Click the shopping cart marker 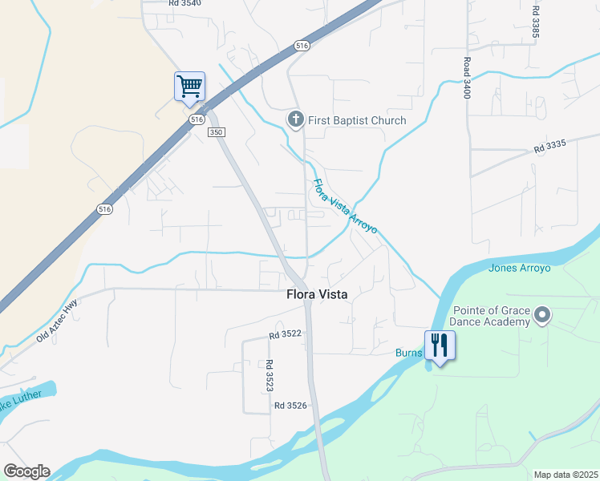coord(189,86)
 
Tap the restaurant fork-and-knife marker coord(439,346)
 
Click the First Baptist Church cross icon coord(295,120)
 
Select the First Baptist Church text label coord(357,120)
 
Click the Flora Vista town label coord(317,294)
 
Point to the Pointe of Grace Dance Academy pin coord(542,315)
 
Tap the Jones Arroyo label coord(519,268)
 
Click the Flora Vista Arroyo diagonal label coord(344,206)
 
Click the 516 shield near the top coord(301,46)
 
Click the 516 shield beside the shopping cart coord(197,119)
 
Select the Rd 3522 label coord(285,334)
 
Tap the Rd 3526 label coord(290,406)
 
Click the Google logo coord(26,471)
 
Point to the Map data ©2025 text coord(565,475)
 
